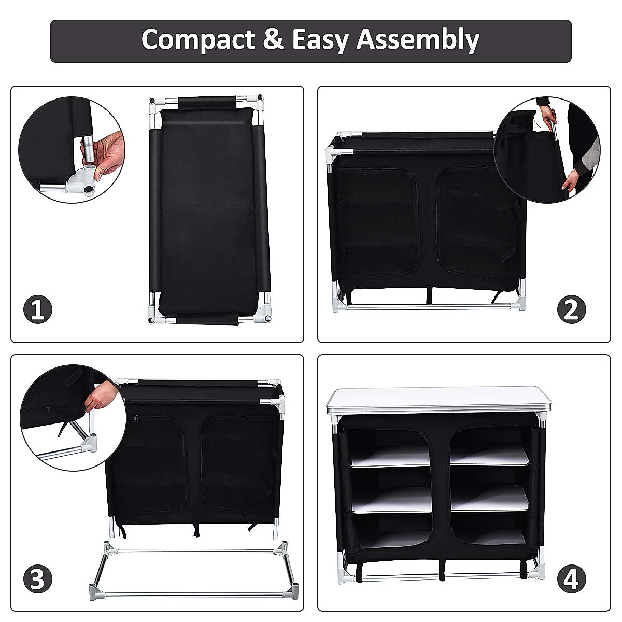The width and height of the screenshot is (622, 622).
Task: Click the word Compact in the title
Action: pos(197,40)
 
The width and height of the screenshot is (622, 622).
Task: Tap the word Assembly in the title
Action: pos(418,40)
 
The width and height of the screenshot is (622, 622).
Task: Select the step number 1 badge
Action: pos(38,310)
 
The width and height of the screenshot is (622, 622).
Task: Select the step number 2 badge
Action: pos(571,310)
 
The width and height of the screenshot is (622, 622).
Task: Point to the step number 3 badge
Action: pos(38,579)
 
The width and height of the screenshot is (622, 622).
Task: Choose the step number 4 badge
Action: pos(571,579)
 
